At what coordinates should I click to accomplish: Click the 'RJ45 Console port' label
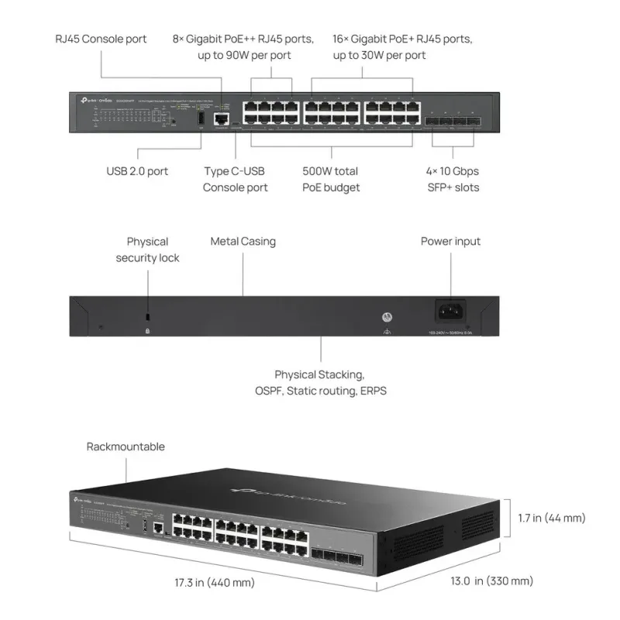click(101, 39)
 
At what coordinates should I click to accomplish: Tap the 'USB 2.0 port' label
click(137, 171)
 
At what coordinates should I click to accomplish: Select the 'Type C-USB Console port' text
click(236, 179)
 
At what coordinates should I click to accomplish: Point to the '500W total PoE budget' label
click(330, 179)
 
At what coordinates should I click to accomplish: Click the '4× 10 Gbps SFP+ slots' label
click(453, 179)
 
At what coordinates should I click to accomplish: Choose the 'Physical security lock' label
click(147, 250)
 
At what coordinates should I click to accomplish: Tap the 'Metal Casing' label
click(243, 241)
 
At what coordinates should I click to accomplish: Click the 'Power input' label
click(450, 241)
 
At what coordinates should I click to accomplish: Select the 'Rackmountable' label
click(126, 446)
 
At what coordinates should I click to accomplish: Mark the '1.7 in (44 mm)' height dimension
click(551, 518)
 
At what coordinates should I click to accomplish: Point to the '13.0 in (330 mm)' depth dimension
click(492, 580)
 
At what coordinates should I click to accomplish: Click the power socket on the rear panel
click(451, 312)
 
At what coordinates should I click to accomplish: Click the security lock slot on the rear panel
click(148, 318)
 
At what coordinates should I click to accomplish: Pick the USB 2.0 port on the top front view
click(200, 118)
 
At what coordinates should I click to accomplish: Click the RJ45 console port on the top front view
click(221, 118)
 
